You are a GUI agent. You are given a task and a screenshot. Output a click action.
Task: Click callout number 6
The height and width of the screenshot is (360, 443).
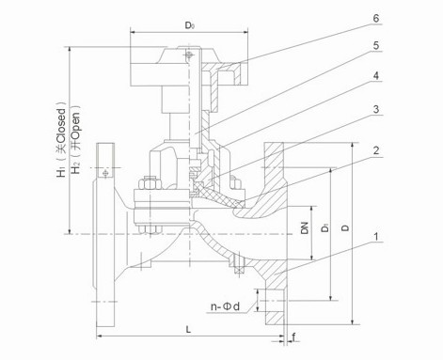coord(375,18)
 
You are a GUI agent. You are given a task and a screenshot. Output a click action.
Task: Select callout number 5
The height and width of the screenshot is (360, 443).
coord(376,46)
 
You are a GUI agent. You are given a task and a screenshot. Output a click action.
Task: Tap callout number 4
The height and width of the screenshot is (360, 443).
coord(376,76)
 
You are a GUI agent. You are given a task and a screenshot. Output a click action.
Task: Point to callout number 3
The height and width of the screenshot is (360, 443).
coord(376,109)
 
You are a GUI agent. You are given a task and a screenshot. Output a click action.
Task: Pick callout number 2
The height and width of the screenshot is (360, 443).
coord(376,150)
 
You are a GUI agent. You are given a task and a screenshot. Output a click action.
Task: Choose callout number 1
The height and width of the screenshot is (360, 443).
coord(376,237)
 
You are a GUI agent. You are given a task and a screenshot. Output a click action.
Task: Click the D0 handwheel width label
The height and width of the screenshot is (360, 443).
coord(189,25)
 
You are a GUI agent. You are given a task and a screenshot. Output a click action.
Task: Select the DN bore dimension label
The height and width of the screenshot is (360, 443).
coord(305,227)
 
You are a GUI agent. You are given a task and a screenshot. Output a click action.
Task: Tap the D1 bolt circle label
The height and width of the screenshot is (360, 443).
coord(325,227)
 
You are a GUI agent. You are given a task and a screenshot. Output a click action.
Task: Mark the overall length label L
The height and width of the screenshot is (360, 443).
coord(188,329)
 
